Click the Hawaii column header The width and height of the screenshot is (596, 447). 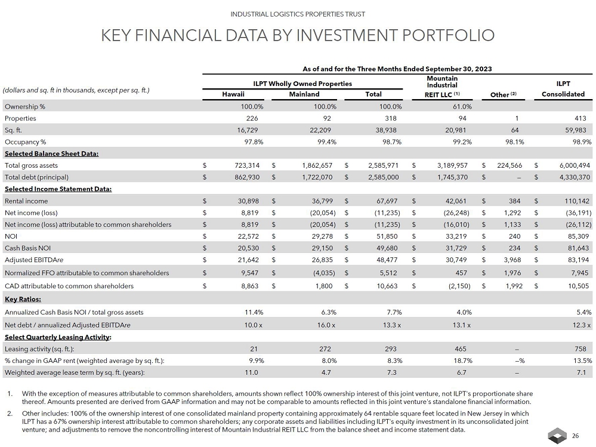[x=233, y=94]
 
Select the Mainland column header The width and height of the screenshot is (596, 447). [x=304, y=94]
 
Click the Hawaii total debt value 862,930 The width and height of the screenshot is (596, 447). [x=251, y=177]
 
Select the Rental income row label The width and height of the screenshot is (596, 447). [x=26, y=201]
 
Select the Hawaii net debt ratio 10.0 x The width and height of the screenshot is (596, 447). [x=253, y=325]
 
